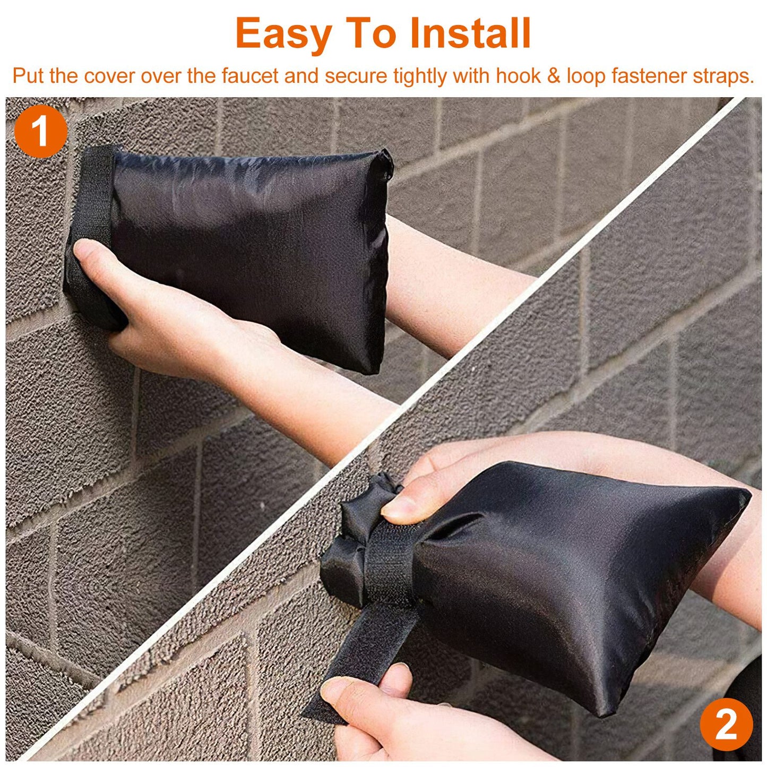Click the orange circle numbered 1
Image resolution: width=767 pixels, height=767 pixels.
pos(41,131)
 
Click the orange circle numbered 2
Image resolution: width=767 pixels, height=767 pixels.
pos(726,724)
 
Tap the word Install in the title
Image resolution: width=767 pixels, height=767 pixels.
pos(470,34)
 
